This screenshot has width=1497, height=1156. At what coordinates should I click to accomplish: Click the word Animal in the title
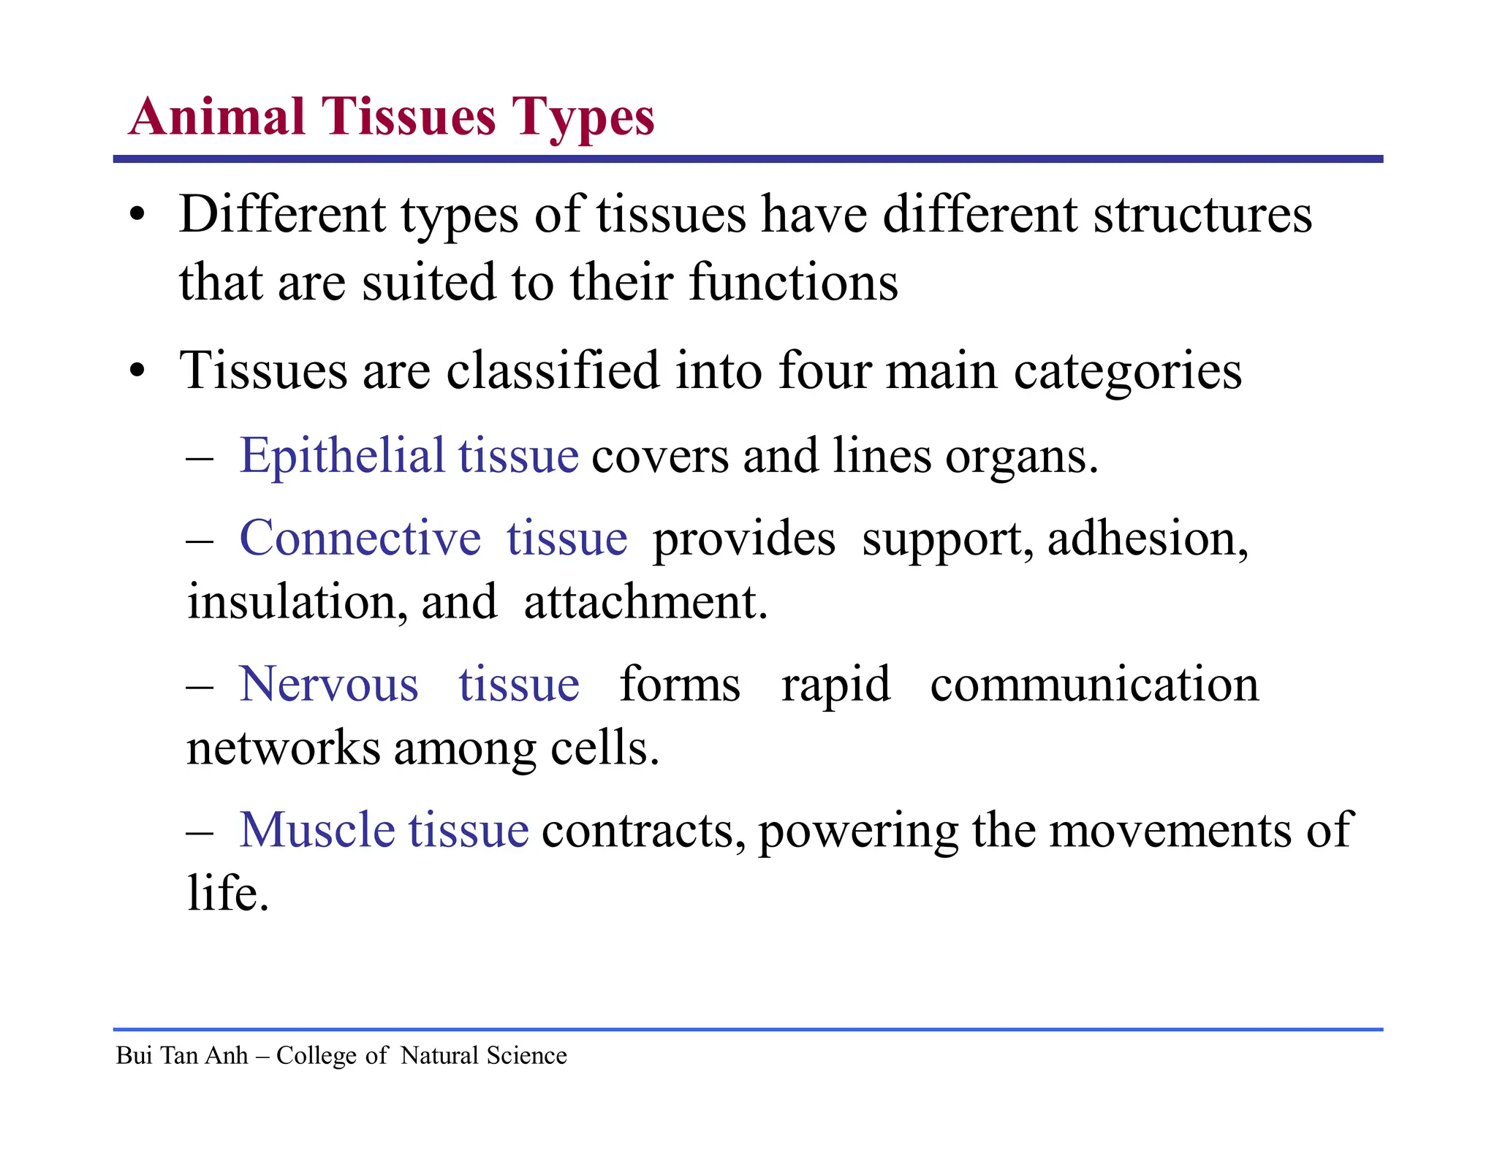(217, 117)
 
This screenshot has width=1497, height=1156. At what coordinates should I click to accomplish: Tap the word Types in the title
(582, 118)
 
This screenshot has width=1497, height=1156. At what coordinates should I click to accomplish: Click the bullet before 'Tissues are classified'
(137, 371)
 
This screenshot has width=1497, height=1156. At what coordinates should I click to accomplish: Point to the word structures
(1202, 216)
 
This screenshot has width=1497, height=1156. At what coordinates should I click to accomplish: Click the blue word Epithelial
(342, 457)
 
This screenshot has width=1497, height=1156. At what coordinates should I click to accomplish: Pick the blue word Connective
(360, 539)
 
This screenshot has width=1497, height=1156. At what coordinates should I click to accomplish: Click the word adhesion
(1147, 539)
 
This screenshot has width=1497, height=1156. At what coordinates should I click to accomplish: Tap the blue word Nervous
(329, 685)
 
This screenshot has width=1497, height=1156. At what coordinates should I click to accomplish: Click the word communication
(1094, 685)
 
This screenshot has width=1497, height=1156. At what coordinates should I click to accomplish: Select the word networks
(283, 748)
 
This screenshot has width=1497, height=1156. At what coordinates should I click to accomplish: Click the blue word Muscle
(317, 831)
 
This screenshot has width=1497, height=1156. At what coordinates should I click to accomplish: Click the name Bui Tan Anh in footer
(182, 1056)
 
